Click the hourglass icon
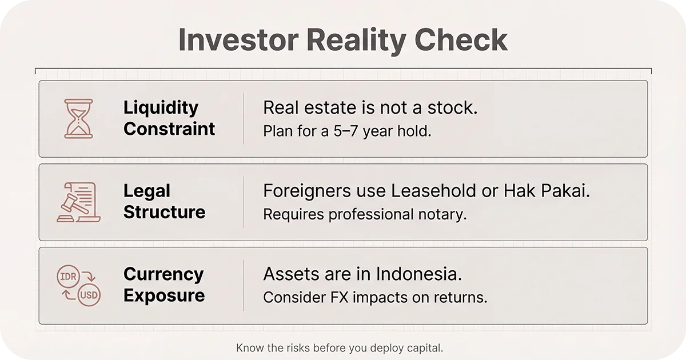pos(78,118)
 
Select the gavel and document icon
pos(78,202)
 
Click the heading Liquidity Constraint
pos(169,118)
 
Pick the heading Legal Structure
pos(164,201)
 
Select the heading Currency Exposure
pos(163,285)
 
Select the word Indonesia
pos(418,274)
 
